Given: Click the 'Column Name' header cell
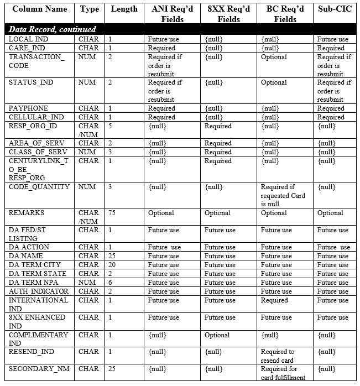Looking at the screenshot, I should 39,9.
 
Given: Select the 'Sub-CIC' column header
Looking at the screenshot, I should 335,9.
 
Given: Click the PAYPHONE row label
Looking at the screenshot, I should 28,108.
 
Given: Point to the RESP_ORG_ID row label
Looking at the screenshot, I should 33,126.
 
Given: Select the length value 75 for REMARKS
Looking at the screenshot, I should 112,213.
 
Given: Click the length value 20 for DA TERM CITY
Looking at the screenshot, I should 112,265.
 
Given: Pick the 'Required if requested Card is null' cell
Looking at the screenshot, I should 283,196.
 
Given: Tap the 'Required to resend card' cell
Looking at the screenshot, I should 278,356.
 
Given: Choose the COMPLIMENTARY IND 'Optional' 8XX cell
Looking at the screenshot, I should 217,335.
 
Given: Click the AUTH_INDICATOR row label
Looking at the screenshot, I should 39,291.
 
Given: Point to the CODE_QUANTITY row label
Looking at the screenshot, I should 39,187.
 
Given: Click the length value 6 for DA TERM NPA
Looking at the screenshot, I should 111,283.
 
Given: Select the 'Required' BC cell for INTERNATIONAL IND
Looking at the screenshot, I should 275,300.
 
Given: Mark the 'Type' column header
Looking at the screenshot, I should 89,9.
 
